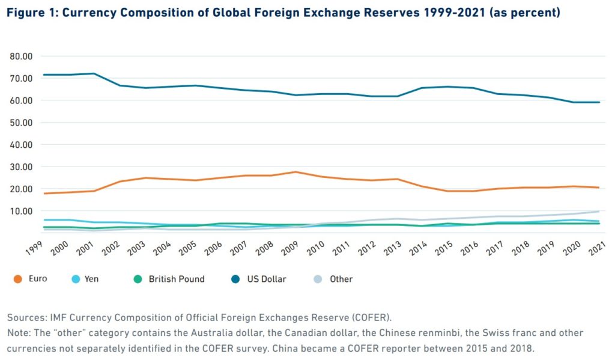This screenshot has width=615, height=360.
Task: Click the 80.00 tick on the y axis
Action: [x=21, y=56]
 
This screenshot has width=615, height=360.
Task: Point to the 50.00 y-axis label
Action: [x=21, y=123]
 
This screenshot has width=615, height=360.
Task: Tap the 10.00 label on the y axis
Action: [x=21, y=211]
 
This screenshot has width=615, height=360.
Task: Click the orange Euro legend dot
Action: [x=17, y=279]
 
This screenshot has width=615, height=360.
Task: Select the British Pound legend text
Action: [x=177, y=279]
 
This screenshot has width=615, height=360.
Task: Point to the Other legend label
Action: [x=341, y=279]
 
